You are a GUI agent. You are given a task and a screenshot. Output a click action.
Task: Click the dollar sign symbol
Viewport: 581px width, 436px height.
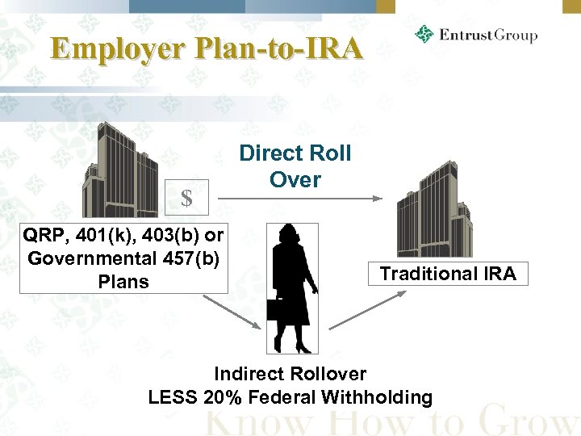(x=186, y=198)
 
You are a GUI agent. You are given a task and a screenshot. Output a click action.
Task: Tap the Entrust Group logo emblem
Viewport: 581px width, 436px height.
(x=424, y=35)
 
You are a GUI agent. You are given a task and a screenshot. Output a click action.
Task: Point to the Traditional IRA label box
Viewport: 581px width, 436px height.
(x=448, y=274)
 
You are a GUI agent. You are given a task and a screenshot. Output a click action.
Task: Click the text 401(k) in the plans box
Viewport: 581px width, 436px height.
(x=95, y=236)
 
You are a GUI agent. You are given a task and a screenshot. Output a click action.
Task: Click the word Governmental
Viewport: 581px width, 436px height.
(x=88, y=258)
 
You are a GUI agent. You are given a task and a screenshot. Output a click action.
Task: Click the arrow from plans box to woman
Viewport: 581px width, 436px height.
(x=232, y=311)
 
